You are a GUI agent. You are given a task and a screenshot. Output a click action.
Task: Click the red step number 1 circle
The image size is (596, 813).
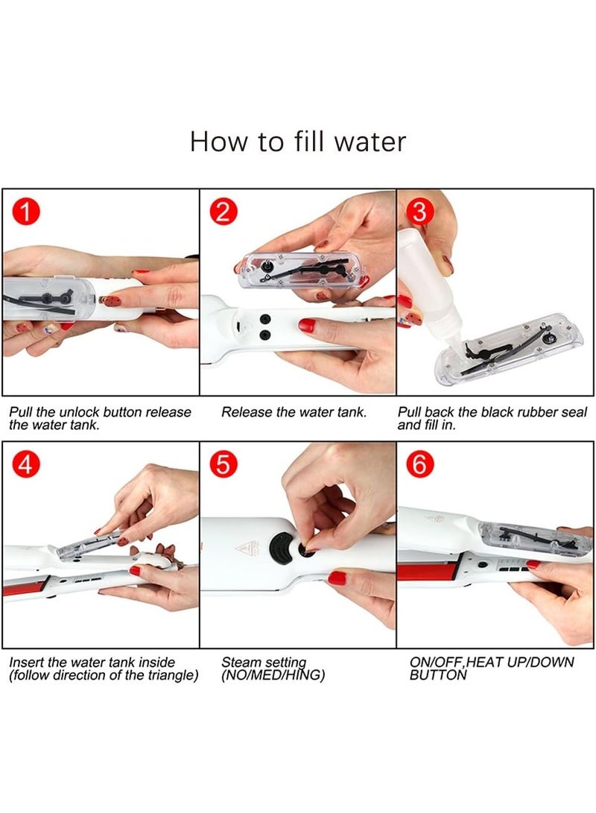pos(25,212)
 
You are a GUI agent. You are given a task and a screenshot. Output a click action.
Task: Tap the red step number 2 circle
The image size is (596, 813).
pos(223,212)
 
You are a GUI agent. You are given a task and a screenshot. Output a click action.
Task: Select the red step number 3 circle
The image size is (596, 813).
pos(419,212)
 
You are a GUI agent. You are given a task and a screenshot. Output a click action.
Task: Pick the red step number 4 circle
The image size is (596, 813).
pos(25,464)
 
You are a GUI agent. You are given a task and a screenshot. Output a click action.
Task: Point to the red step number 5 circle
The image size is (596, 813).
pos(223,464)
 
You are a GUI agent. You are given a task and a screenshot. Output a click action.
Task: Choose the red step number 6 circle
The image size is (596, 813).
pos(419,464)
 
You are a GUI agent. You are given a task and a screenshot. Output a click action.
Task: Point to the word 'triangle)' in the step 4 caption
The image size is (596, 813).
pos(174,676)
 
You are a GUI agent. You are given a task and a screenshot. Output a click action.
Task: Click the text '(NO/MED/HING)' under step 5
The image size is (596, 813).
pos(273,676)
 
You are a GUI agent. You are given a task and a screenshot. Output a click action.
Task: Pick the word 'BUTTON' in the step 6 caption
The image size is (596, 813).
pos(438,675)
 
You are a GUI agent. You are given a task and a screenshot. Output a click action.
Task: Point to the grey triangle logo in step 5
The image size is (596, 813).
pos(248,548)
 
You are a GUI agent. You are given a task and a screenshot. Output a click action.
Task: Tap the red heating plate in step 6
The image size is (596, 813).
pos(427,572)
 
